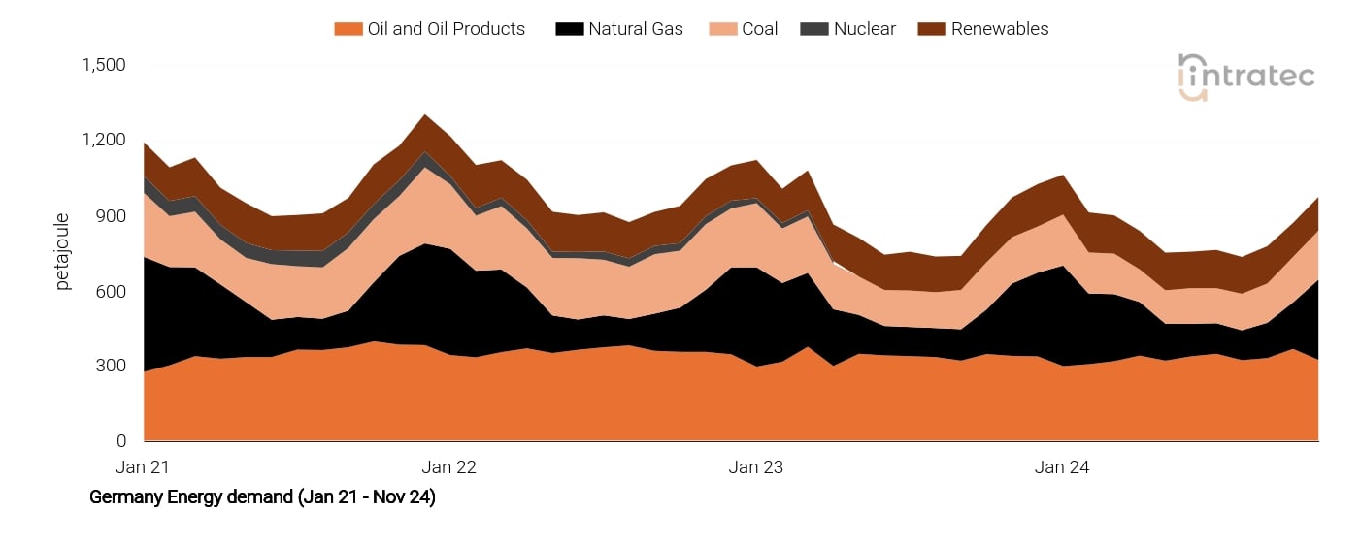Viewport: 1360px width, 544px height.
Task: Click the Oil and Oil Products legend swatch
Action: click(x=348, y=29)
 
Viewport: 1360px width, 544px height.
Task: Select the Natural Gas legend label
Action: click(x=635, y=29)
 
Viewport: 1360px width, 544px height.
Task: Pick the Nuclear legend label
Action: click(x=864, y=29)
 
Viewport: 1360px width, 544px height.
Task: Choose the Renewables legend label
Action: click(x=1000, y=29)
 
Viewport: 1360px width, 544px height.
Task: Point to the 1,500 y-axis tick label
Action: click(x=105, y=65)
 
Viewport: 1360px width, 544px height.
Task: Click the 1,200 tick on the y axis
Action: click(x=105, y=141)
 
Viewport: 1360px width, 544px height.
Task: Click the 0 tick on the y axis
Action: click(x=121, y=441)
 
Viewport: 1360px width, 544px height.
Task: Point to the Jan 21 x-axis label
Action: click(x=143, y=467)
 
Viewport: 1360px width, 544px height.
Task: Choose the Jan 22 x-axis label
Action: click(x=449, y=467)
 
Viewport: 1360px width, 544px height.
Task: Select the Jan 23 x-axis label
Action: click(x=756, y=467)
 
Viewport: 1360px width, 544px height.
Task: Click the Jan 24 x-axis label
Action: click(x=1062, y=467)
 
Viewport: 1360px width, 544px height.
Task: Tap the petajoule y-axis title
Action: click(x=63, y=253)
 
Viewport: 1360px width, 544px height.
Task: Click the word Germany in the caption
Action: click(x=121, y=497)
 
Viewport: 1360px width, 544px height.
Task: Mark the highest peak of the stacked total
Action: click(x=425, y=115)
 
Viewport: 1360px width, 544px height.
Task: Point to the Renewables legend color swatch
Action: click(x=931, y=29)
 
